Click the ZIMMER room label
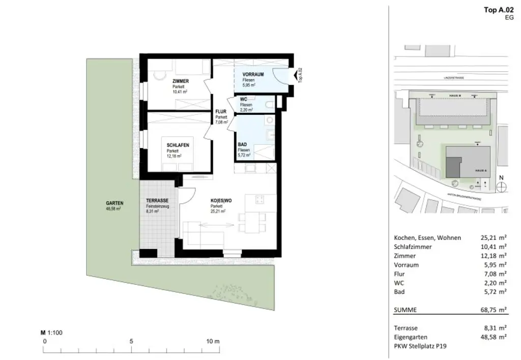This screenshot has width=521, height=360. click(x=180, y=81)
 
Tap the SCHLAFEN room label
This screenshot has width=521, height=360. click(x=178, y=145)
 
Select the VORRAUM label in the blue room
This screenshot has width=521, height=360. click(x=252, y=75)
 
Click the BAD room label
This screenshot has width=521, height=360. click(x=242, y=144)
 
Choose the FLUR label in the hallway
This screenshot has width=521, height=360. click(x=220, y=111)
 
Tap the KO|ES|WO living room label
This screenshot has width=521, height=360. click(x=221, y=200)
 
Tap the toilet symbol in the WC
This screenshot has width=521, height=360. click(x=269, y=105)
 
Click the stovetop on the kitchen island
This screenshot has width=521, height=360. click(x=258, y=199)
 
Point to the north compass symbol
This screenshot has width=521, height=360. click(x=501, y=186)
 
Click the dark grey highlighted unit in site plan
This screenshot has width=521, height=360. click(x=452, y=166)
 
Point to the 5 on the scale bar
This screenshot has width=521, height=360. click(x=131, y=341)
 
